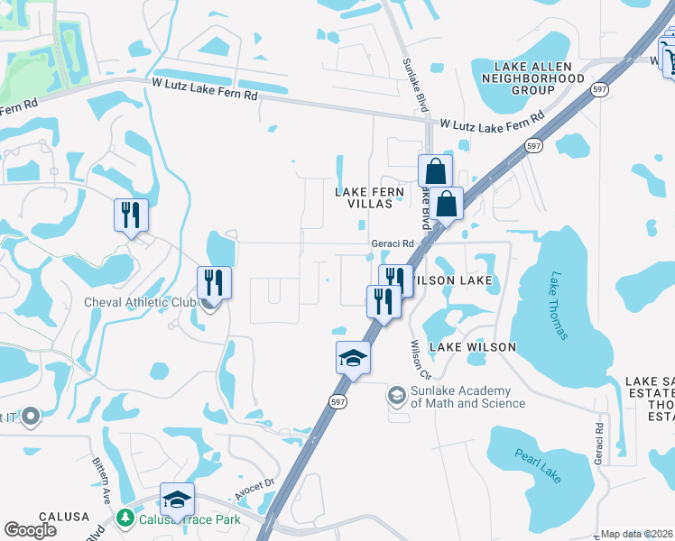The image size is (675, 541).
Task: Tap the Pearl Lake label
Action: [537, 469]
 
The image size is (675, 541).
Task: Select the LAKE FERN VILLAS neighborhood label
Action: [364, 197]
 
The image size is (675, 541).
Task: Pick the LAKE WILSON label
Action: [472, 347]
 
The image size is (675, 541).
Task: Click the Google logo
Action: [31, 530]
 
